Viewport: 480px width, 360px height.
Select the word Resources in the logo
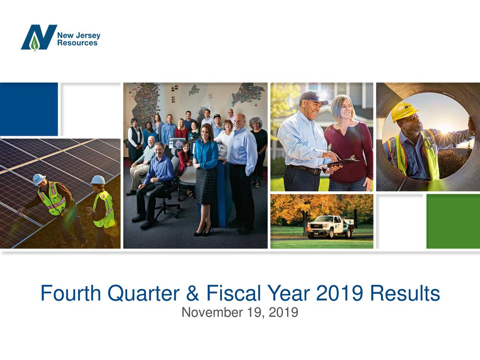pyautogui.click(x=77, y=43)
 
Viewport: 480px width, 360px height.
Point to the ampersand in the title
pyautogui.click(x=192, y=293)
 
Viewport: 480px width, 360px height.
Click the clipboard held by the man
pyautogui.click(x=339, y=162)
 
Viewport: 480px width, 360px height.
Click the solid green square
pyautogui.click(x=453, y=221)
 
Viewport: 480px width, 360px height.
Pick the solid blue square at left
pyautogui.click(x=29, y=109)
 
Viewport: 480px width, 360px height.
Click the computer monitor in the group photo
pyautogui.click(x=177, y=144)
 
